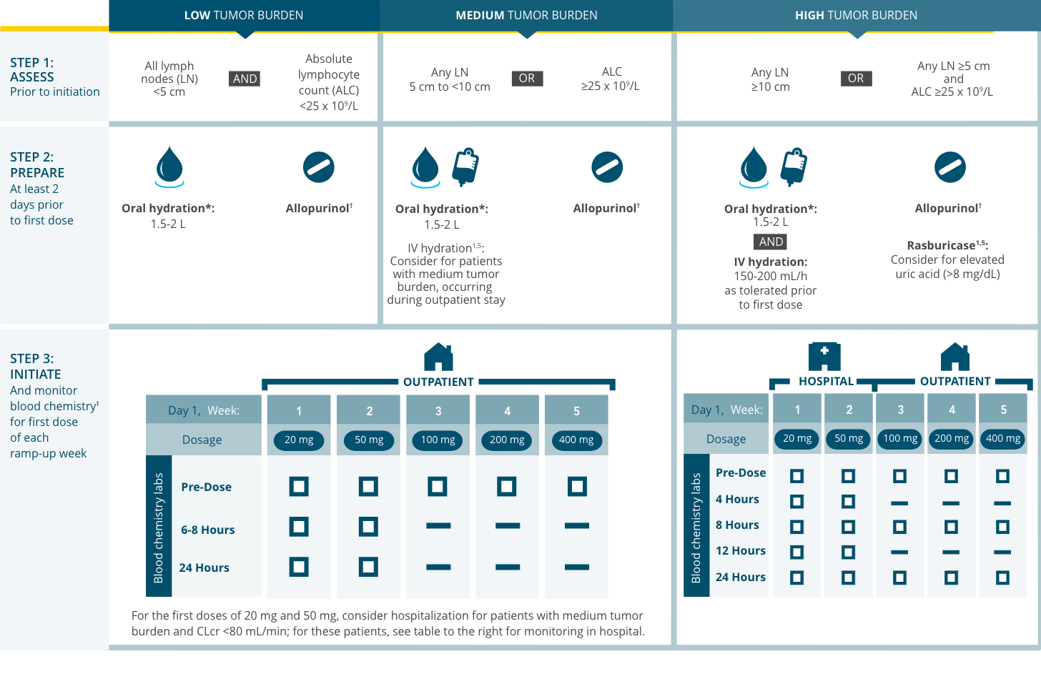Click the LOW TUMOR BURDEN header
(x=244, y=15)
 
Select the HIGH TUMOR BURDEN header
(x=856, y=15)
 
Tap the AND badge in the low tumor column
(x=245, y=79)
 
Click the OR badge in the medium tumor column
(x=527, y=78)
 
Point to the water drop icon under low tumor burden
(x=169, y=166)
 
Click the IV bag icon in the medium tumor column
(x=465, y=166)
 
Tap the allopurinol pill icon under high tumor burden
(x=950, y=168)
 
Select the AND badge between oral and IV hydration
(x=771, y=242)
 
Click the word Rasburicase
(x=941, y=245)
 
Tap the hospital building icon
(x=824, y=356)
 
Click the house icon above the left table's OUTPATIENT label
(x=438, y=357)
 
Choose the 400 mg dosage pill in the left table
(x=576, y=440)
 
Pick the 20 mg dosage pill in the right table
(x=797, y=438)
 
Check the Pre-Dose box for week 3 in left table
(x=438, y=487)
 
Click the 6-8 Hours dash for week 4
(x=507, y=526)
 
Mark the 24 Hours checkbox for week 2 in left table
(x=368, y=567)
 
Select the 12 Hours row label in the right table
(x=740, y=550)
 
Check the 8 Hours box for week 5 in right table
(x=1002, y=527)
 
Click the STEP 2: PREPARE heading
(x=37, y=164)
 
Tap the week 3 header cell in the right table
(x=900, y=410)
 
